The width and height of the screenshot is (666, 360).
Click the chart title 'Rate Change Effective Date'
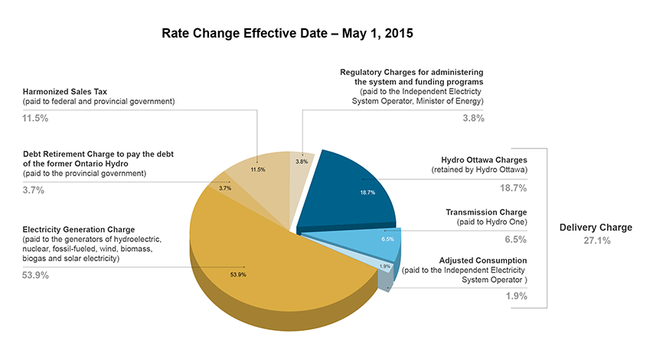click(288, 34)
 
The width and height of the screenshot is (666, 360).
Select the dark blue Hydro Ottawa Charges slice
click(356, 188)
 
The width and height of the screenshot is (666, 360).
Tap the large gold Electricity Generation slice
click(245, 260)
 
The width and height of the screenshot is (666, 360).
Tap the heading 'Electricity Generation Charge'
click(79, 229)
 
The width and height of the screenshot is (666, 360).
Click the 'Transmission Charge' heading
click(486, 211)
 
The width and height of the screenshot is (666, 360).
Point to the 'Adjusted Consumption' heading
click(483, 260)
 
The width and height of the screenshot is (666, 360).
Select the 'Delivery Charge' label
click(596, 227)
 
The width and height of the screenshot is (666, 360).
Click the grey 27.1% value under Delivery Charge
click(596, 241)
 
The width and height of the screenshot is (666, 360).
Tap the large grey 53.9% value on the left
click(36, 274)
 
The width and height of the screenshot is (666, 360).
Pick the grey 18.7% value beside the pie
click(514, 187)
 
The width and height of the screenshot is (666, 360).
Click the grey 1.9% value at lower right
click(517, 296)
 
